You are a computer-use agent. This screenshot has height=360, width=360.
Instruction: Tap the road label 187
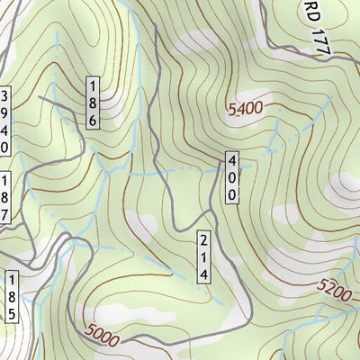4,198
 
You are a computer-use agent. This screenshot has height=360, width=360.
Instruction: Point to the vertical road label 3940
4,121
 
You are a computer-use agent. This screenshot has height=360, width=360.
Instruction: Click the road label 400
231,176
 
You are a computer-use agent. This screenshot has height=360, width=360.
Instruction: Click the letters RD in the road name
310,13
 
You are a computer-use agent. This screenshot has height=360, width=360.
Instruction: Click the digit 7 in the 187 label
4,215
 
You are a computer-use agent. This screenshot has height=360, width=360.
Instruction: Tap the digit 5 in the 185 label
11,313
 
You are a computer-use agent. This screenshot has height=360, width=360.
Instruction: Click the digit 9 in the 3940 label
4,112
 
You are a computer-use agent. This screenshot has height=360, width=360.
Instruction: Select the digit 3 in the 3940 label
4,95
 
